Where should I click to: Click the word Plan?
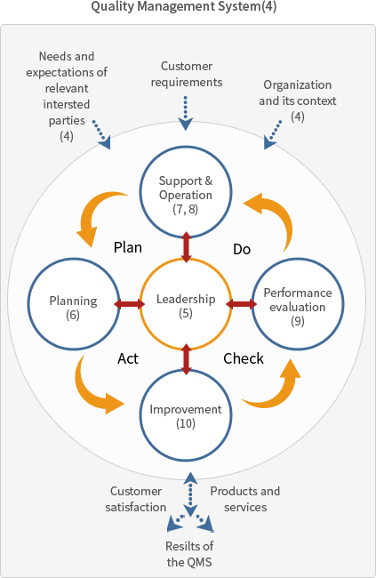[x=127, y=247]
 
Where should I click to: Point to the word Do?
[x=242, y=249]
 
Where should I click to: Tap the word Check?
[x=244, y=358]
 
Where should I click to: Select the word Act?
[x=128, y=358]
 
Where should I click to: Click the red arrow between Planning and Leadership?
[x=130, y=304]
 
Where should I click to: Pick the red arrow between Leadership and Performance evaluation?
[x=242, y=304]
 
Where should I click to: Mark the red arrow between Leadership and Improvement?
[x=187, y=359]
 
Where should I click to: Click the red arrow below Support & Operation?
[x=187, y=247]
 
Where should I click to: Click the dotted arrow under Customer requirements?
[x=186, y=113]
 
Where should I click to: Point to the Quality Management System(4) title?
[x=184, y=6]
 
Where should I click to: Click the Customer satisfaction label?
[x=136, y=499]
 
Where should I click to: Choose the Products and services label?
[x=245, y=499]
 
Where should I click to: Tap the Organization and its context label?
[x=298, y=100]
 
